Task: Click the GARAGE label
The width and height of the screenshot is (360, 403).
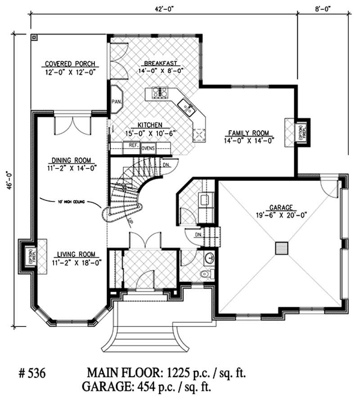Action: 281,208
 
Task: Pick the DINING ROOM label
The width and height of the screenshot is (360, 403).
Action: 72,160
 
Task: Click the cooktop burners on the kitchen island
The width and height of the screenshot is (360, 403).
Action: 160,92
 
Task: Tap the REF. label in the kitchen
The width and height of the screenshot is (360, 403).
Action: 133,146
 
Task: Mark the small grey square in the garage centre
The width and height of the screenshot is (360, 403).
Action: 282,248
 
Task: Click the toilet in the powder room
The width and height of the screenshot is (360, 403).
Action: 205,273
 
